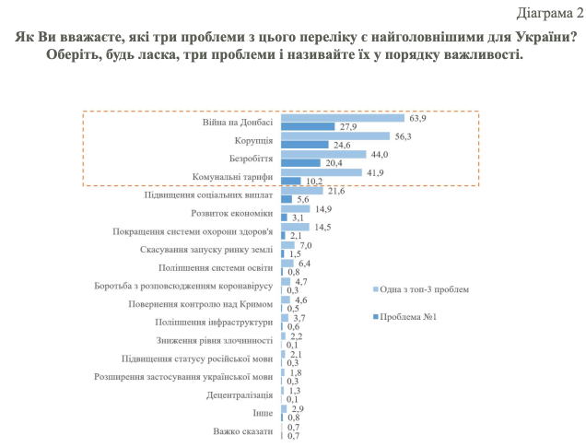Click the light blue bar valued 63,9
coord(342,118)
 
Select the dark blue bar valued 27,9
coord(307,126)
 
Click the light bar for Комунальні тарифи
coord(321,171)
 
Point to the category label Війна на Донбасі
coord(238,122)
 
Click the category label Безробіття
coord(248,157)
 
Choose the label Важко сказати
coord(243,430)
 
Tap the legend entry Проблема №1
coord(410,317)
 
